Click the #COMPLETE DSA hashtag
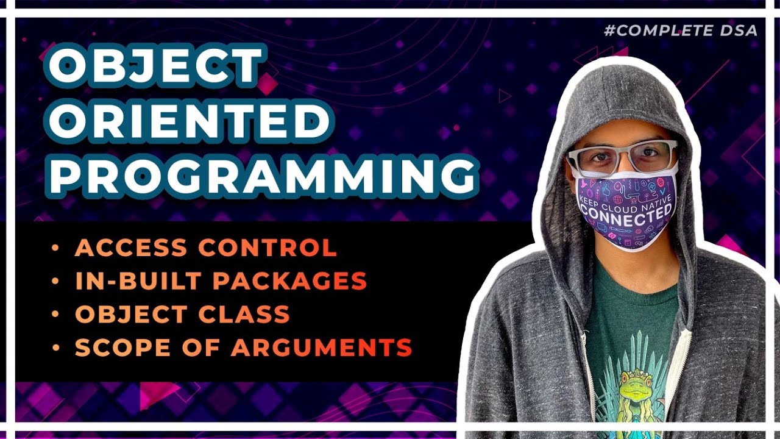pyautogui.click(x=681, y=30)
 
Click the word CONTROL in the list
pyautogui.click(x=268, y=248)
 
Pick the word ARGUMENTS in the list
pyautogui.click(x=321, y=348)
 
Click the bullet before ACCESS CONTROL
pyautogui.click(x=56, y=248)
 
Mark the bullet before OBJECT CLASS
pyautogui.click(x=56, y=315)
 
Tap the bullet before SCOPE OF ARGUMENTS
pyautogui.click(x=56, y=348)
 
